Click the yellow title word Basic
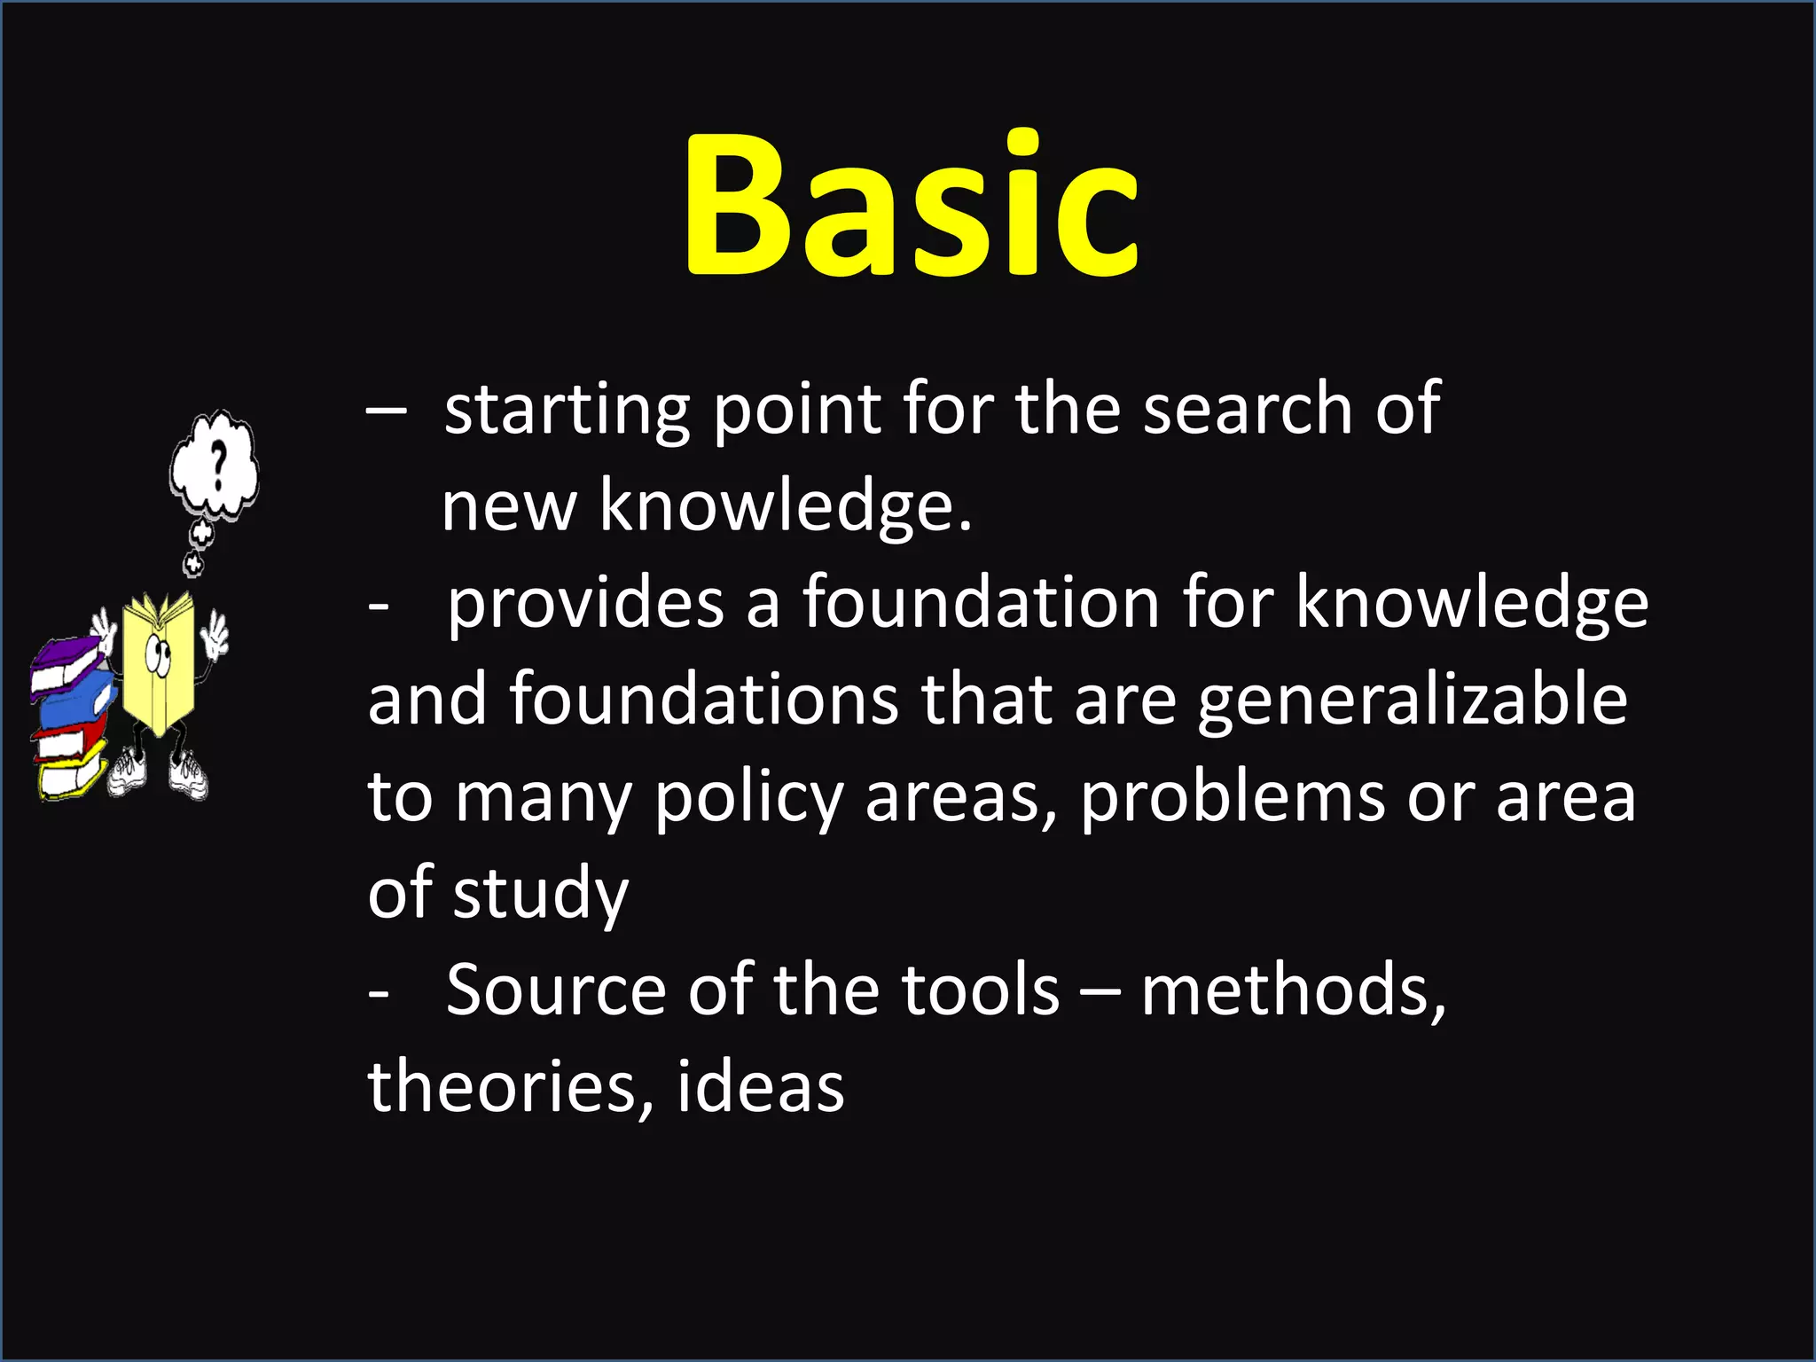912,206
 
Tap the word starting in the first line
567,410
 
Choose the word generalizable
1413,701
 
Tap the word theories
503,1087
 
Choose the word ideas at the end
760,1087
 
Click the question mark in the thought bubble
217,465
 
